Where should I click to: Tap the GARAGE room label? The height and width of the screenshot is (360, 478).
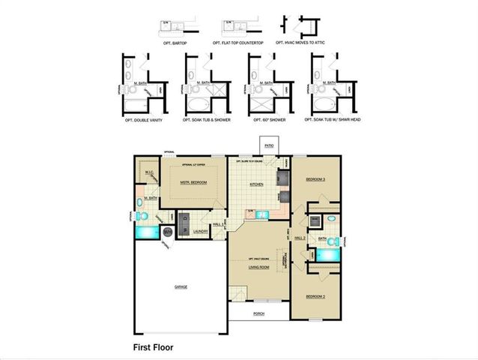(x=181, y=286)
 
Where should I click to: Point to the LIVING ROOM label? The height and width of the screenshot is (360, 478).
(x=258, y=266)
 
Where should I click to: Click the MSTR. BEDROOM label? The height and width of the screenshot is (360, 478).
(x=194, y=181)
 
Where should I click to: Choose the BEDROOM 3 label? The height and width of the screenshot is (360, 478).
(x=315, y=180)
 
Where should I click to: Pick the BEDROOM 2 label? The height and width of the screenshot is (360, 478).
(x=315, y=296)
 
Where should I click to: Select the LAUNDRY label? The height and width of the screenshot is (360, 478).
(x=200, y=232)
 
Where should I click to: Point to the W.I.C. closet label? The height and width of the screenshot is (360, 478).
(x=149, y=173)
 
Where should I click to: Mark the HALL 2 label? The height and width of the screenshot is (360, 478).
(x=300, y=237)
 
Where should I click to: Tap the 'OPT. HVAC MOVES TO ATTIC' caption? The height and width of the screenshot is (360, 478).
(x=304, y=43)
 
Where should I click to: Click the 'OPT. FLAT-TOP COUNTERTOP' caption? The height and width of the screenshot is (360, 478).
(x=240, y=43)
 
